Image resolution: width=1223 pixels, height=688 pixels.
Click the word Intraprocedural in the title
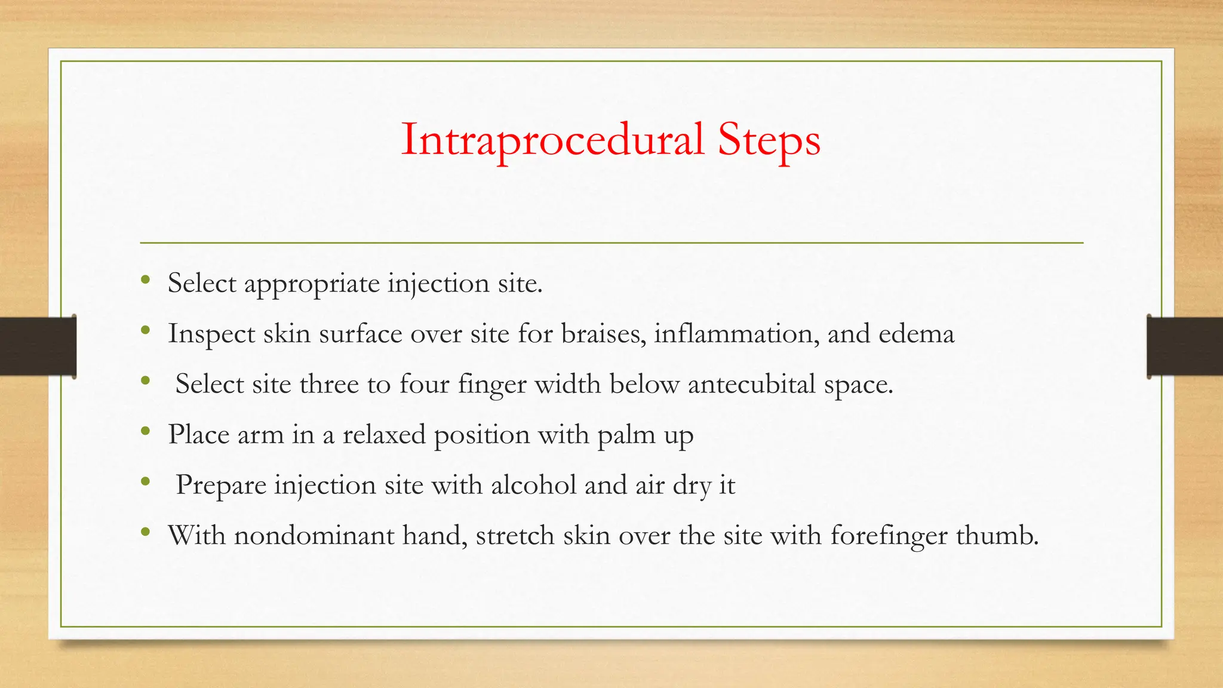coord(552,140)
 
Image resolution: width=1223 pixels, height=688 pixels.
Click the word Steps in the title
coord(769,141)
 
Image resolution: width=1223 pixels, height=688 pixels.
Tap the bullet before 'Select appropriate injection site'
coord(145,279)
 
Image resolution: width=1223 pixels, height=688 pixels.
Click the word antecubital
coord(752,383)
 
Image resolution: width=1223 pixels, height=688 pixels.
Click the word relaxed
coord(384,434)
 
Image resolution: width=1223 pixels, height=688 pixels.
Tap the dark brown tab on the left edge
coord(38,346)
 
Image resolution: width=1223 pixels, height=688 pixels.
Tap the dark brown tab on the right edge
coord(1185,346)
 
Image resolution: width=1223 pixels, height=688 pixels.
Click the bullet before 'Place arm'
coord(145,431)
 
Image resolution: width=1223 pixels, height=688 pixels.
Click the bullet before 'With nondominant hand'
coord(145,532)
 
